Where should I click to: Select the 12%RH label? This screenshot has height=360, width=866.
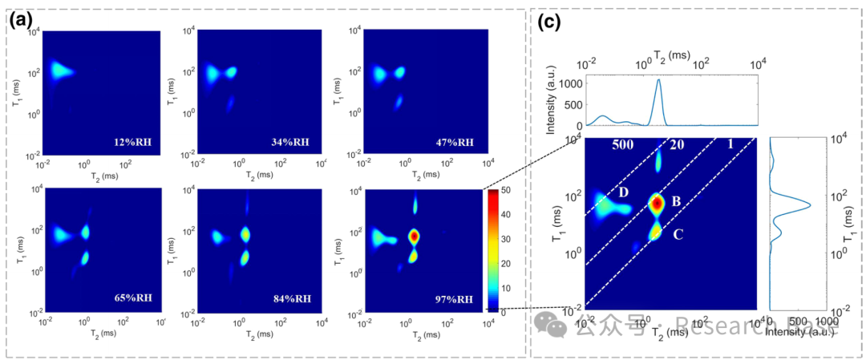coord(140,144)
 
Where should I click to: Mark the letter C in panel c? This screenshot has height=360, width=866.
coord(678,235)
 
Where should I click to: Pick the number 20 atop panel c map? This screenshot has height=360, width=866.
coord(677,145)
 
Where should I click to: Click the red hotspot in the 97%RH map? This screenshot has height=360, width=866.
coord(414,237)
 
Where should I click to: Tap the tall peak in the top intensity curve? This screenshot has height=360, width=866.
coord(658,81)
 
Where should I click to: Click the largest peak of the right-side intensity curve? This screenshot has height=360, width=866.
coord(808,204)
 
